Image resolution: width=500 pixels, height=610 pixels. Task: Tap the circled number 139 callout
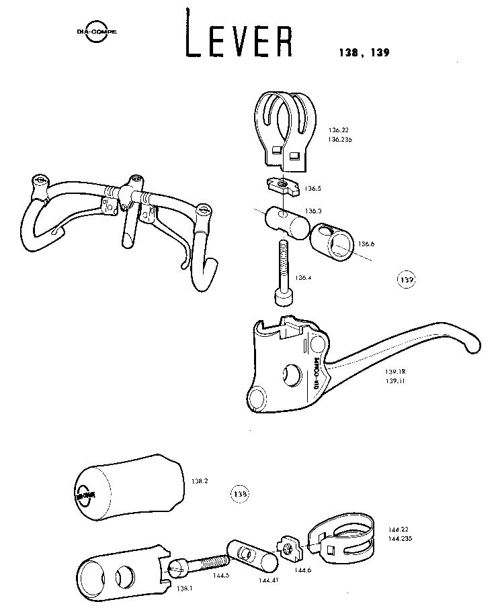point(407,279)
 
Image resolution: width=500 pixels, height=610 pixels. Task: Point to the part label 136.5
point(313,189)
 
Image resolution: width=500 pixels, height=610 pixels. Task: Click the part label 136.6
point(366,243)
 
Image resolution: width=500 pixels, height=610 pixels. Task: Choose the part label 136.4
point(303,277)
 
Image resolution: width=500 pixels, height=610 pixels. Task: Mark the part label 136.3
point(313,211)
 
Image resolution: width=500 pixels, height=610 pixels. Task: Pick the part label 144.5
point(221,575)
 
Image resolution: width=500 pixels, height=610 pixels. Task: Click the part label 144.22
point(399,529)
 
